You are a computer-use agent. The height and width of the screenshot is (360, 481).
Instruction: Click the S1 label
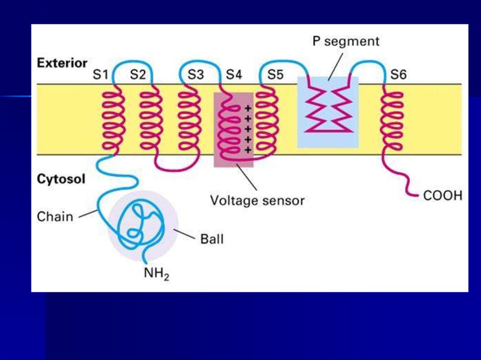(x=101, y=74)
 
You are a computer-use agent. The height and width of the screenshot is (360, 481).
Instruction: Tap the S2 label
(x=138, y=74)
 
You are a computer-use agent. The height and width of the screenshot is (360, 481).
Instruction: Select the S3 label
(x=196, y=74)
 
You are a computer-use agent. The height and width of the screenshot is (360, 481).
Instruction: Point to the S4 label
(x=234, y=74)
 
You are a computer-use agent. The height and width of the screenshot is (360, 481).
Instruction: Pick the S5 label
(x=276, y=74)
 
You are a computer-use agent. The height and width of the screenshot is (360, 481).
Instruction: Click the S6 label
(x=399, y=74)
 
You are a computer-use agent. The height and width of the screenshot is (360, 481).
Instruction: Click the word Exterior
(x=62, y=63)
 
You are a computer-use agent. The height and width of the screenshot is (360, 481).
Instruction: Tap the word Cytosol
(x=61, y=179)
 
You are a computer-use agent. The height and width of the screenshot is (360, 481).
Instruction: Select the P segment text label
(x=346, y=41)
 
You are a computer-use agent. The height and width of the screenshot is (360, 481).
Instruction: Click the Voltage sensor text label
(x=257, y=201)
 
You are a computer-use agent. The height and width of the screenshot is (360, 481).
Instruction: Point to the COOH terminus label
(x=442, y=195)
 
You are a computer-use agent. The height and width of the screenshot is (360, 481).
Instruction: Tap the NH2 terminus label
(x=156, y=273)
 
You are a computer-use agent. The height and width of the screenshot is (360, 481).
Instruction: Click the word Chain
(x=55, y=217)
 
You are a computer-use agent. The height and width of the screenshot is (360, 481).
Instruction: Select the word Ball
(x=212, y=239)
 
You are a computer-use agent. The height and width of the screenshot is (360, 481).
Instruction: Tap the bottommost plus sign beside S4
(x=248, y=150)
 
